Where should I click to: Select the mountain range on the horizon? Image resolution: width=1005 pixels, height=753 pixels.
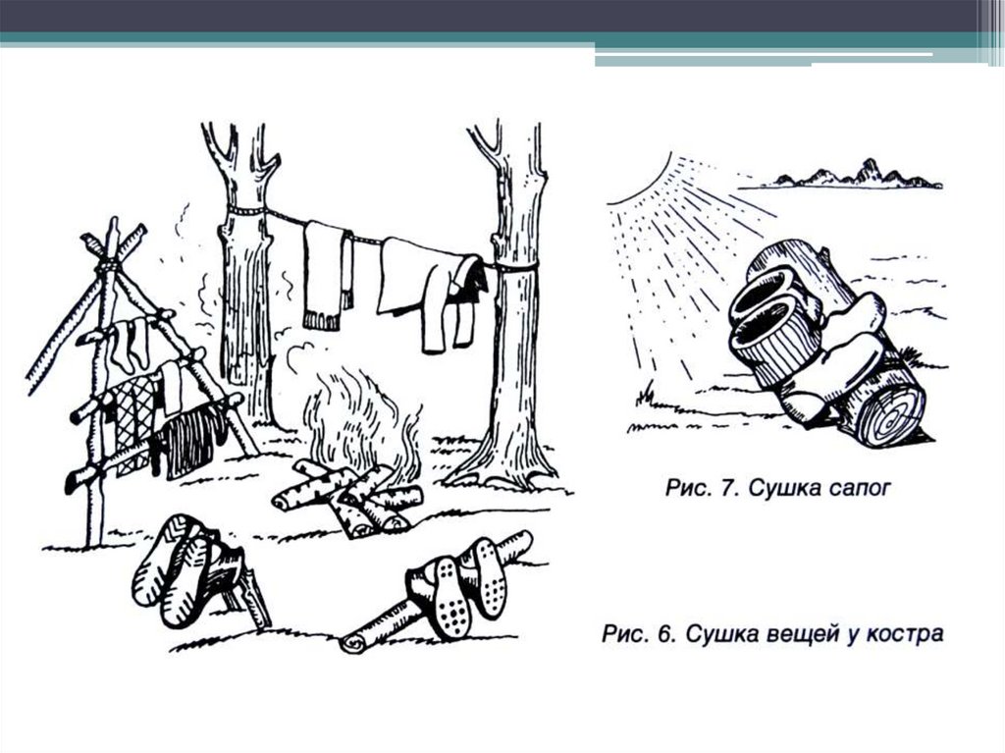(853, 174)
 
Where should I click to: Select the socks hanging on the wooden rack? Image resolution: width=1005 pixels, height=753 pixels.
(131, 345)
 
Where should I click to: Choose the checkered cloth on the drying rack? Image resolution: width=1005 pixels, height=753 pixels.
(131, 417)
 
